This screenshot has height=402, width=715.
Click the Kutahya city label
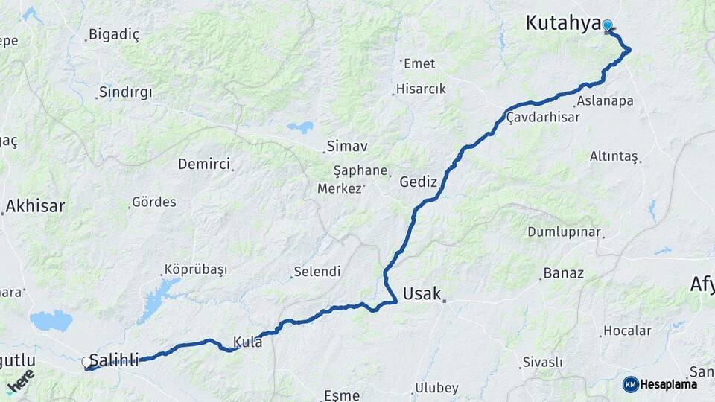tap(562, 23)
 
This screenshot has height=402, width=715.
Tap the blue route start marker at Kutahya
tap(608, 26)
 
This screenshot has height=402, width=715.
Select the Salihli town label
tap(114, 361)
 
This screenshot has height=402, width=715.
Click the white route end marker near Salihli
tap(86, 363)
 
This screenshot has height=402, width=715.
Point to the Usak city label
tap(422, 293)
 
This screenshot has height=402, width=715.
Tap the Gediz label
tap(418, 181)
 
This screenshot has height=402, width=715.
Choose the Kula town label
tap(247, 342)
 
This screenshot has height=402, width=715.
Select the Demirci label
tap(204, 164)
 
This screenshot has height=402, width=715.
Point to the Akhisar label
tap(36, 206)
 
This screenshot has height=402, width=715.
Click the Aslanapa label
tap(605, 100)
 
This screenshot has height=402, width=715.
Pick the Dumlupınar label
tap(564, 232)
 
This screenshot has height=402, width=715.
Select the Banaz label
tap(564, 273)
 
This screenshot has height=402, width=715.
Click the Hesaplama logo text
tap(669, 384)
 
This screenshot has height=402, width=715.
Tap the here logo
tap(20, 380)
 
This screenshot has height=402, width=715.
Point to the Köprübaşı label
tap(195, 269)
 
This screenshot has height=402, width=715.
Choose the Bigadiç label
tap(114, 34)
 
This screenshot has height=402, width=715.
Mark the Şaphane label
tap(360, 170)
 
